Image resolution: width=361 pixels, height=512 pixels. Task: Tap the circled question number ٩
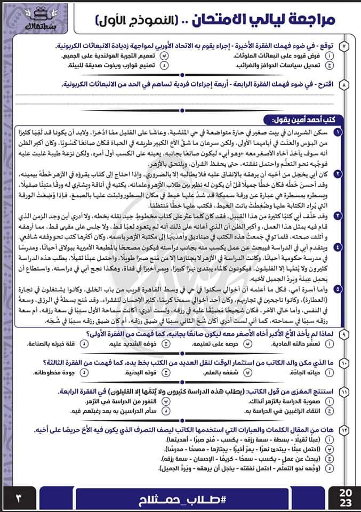[344, 333]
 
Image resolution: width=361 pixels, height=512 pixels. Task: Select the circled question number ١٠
[344, 363]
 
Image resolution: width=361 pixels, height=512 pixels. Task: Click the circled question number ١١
[344, 392]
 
